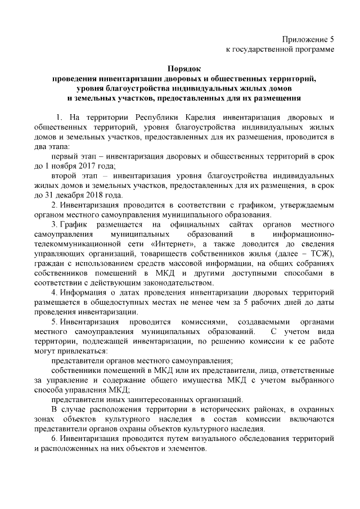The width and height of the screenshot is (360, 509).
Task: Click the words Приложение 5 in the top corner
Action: (308, 40)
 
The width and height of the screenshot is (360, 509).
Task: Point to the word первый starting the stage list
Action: (64, 156)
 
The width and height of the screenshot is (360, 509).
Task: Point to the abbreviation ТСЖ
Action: (322, 254)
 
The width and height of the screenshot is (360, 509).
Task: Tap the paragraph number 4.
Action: (53, 293)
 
